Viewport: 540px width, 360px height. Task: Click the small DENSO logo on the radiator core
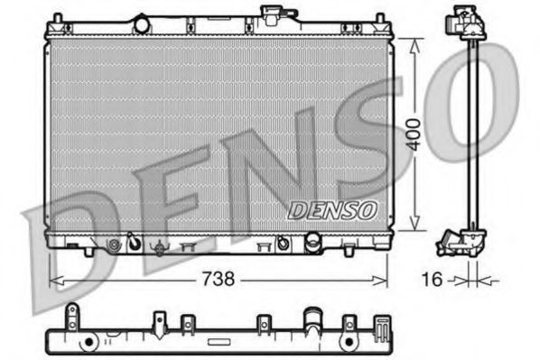click(x=331, y=210)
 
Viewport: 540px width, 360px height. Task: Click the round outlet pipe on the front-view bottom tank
click(x=313, y=243)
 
